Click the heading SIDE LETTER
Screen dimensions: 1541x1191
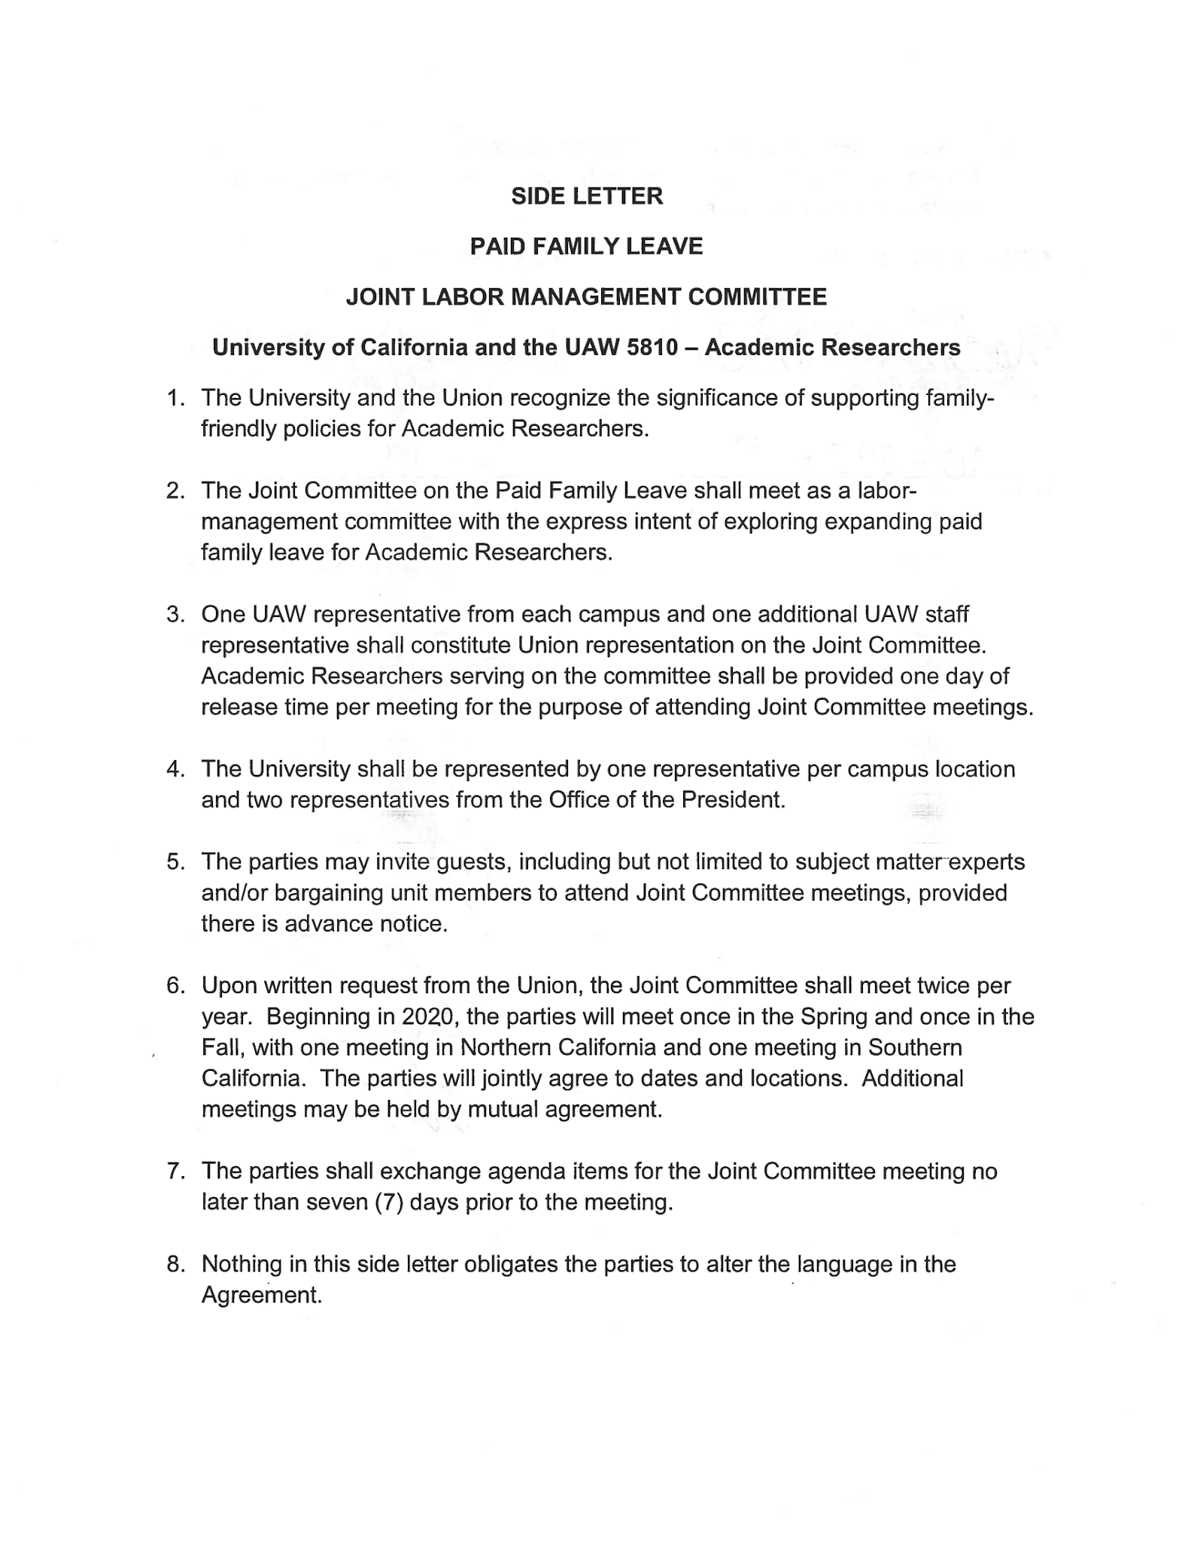point(587,196)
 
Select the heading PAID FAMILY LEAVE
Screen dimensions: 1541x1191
point(586,247)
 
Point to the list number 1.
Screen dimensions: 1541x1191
point(175,398)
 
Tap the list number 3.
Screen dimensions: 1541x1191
point(175,615)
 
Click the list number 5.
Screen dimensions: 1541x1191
point(175,862)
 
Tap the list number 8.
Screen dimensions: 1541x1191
point(175,1265)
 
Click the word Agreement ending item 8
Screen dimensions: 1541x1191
point(261,1296)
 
